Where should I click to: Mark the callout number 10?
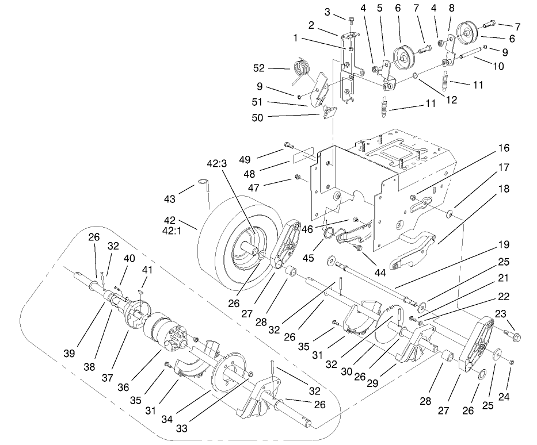coord(498,66)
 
